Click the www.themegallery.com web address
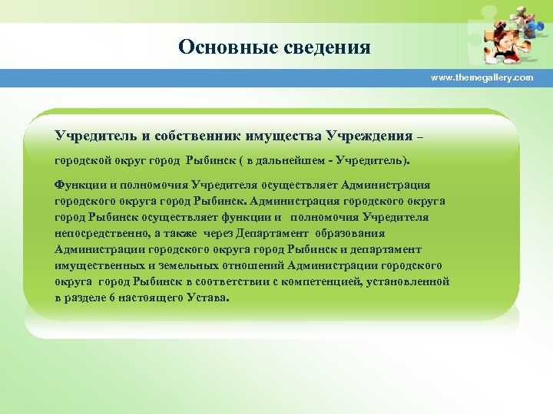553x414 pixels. (482, 78)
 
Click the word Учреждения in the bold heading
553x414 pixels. (369, 136)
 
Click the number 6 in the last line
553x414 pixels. (111, 297)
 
